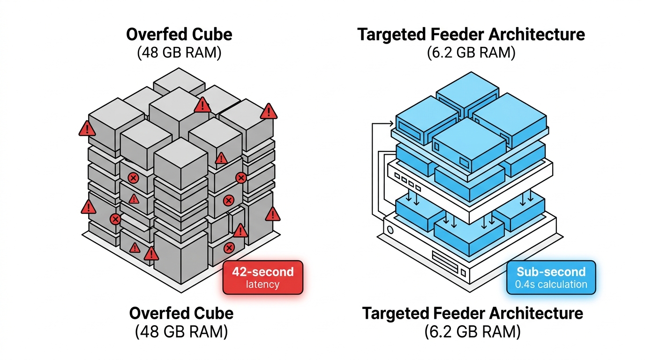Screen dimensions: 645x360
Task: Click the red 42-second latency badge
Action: (x=263, y=277)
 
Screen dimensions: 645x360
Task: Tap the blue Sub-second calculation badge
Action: (x=551, y=277)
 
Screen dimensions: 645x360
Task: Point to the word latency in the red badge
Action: (x=262, y=285)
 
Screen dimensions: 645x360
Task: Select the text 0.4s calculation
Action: (x=551, y=285)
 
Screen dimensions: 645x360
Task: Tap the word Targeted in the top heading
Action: (x=391, y=35)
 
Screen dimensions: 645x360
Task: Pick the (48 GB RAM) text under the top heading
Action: (x=179, y=52)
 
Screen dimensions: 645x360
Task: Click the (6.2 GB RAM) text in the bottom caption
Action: (x=472, y=331)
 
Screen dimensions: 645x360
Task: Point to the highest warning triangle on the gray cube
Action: (x=202, y=105)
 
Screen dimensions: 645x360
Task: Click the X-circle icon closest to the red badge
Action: (x=229, y=248)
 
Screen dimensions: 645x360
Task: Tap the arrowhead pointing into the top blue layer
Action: (x=391, y=124)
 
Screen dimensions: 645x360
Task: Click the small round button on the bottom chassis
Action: (x=390, y=230)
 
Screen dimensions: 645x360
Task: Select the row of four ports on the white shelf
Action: (x=407, y=182)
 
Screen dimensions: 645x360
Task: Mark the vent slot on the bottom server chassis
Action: (x=445, y=262)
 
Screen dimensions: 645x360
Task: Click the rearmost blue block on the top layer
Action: (x=467, y=94)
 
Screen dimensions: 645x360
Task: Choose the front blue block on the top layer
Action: (x=469, y=144)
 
